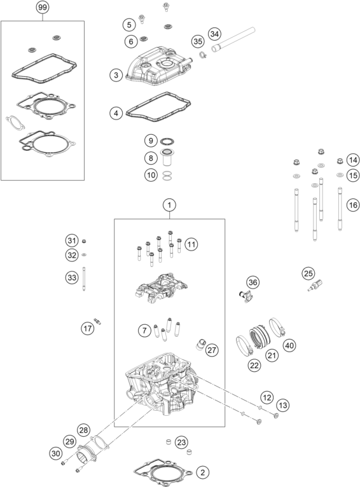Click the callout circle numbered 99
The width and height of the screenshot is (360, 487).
coord(43,7)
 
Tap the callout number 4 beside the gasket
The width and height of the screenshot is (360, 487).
coord(116,113)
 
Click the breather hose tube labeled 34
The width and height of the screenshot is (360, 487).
coord(233,39)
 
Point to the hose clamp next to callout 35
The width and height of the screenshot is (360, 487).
coord(203,55)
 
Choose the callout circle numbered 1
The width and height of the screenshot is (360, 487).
coord(169,205)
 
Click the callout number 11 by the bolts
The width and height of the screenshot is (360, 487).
coord(191,244)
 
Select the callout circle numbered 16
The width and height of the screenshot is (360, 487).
coord(353,205)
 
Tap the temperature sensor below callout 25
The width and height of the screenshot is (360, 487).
coord(315,285)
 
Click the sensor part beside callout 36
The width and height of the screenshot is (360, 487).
coord(246,296)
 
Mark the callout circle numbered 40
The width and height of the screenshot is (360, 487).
coord(289,345)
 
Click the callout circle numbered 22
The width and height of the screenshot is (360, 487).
coord(254,365)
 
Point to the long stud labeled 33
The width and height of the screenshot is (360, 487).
coord(84,278)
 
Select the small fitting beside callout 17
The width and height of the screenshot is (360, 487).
coord(97,322)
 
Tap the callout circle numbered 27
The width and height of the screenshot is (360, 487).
coord(212,350)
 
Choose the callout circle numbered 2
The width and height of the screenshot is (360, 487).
coord(203,472)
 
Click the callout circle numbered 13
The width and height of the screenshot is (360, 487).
coord(283,405)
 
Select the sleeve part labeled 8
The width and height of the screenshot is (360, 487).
coord(167,158)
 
